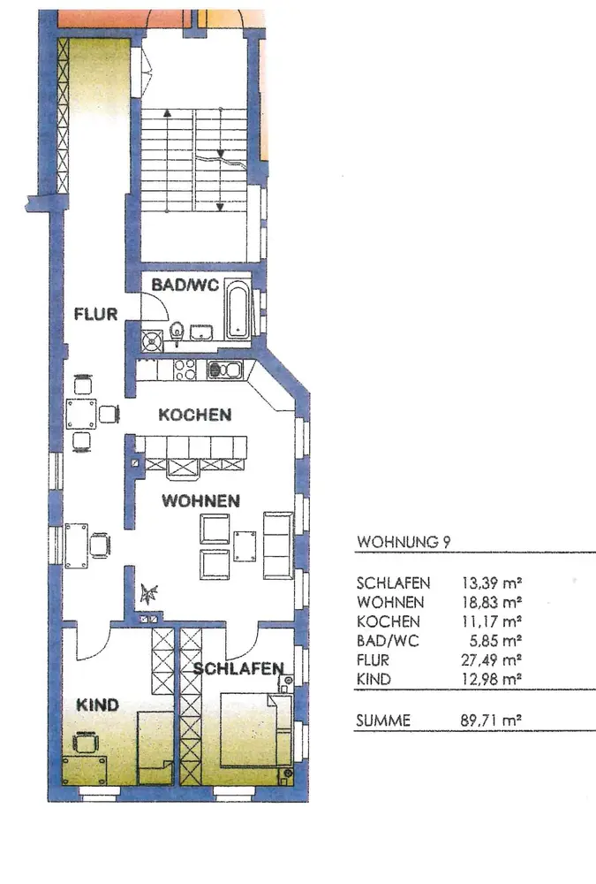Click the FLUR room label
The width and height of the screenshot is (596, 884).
[x=95, y=314]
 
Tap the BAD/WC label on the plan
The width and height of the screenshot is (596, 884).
[x=185, y=285]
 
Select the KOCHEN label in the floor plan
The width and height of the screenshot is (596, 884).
[x=195, y=415]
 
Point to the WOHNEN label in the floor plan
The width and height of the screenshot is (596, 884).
[x=200, y=500]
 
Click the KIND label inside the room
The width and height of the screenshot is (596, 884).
[x=97, y=705]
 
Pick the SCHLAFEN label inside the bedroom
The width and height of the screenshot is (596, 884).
[x=238, y=668]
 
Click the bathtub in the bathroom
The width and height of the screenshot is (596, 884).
[x=238, y=311]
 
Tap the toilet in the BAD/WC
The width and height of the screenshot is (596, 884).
[x=177, y=331]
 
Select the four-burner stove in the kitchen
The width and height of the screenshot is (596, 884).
[x=185, y=370]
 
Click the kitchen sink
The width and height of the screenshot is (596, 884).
[x=225, y=370]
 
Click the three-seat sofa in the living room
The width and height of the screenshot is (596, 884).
[x=278, y=545]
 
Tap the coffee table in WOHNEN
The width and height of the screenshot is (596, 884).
[x=245, y=545]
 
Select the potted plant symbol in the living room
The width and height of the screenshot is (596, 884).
[x=148, y=593]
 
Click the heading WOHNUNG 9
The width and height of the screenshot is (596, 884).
[x=404, y=542]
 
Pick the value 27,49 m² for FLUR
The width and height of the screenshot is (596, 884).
[x=491, y=659]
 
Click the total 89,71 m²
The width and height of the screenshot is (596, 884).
[x=491, y=720]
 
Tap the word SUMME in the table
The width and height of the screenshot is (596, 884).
[x=383, y=720]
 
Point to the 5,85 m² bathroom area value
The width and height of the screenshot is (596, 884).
[x=495, y=640]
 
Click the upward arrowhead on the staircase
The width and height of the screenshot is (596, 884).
[x=167, y=113]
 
